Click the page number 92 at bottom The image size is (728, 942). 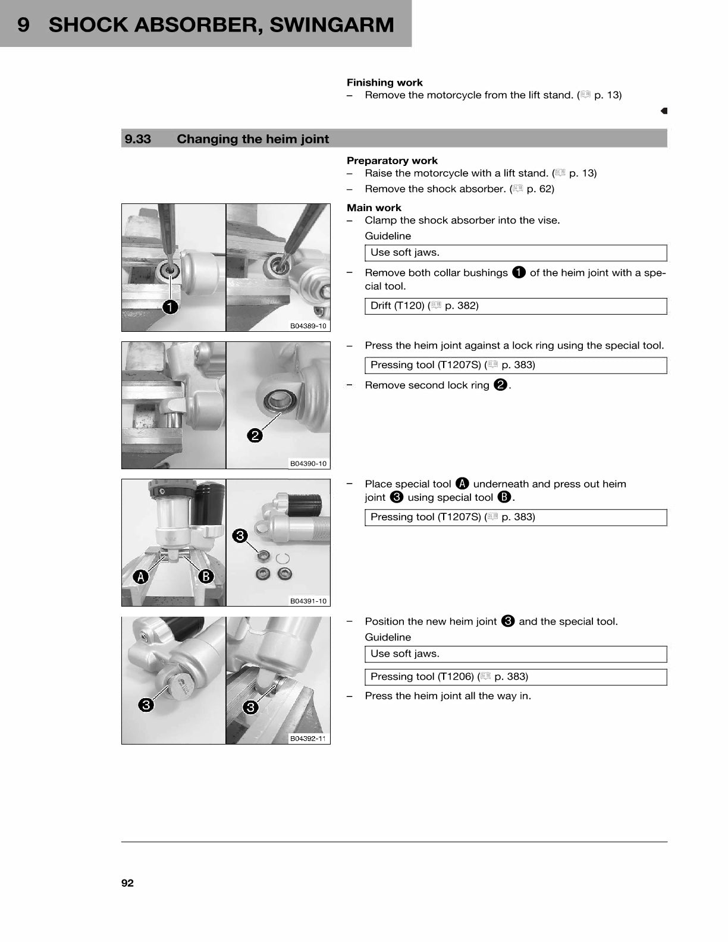pyautogui.click(x=127, y=883)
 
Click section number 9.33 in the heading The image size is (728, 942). pyautogui.click(x=138, y=139)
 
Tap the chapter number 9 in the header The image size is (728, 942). pyautogui.click(x=23, y=25)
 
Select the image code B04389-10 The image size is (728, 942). pyautogui.click(x=308, y=326)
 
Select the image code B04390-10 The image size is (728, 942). pyautogui.click(x=308, y=463)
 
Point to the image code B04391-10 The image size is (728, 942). pyautogui.click(x=308, y=601)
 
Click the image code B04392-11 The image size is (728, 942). pyautogui.click(x=308, y=739)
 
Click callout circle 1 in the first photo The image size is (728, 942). pyautogui.click(x=170, y=307)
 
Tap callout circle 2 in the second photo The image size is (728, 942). pyautogui.click(x=255, y=435)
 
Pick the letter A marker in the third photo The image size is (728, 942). pyautogui.click(x=141, y=576)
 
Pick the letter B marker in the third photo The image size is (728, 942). pyautogui.click(x=205, y=576)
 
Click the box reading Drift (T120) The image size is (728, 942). pyautogui.click(x=515, y=306)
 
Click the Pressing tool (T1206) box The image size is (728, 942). pyautogui.click(x=515, y=677)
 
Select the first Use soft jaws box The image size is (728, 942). pyautogui.click(x=515, y=253)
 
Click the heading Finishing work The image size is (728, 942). pyautogui.click(x=385, y=83)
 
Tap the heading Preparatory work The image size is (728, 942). pyautogui.click(x=392, y=161)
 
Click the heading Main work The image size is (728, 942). pyautogui.click(x=374, y=208)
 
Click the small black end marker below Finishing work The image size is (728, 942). pyautogui.click(x=664, y=111)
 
